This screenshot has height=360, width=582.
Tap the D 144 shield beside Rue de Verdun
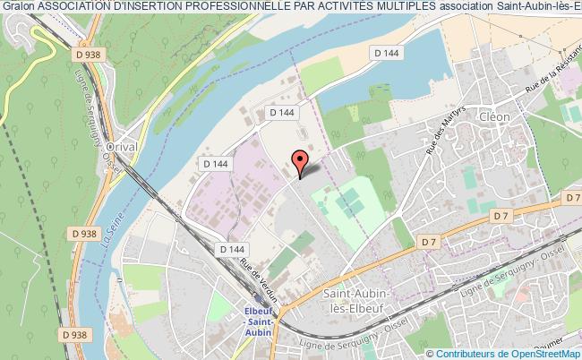231,248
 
